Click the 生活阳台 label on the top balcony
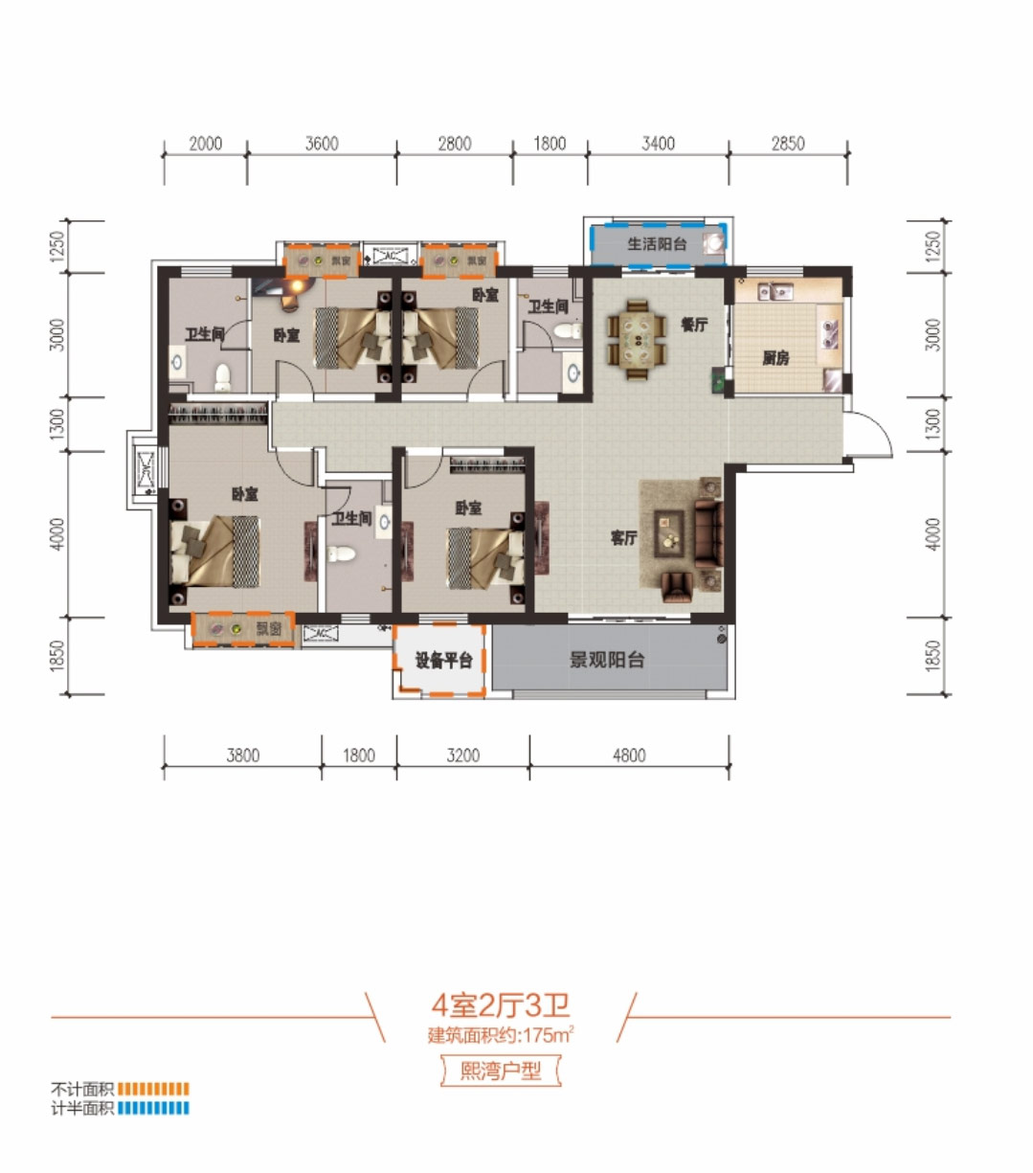click(657, 244)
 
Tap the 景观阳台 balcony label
click(607, 660)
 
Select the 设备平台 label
click(442, 661)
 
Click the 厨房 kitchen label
click(775, 358)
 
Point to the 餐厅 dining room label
click(694, 325)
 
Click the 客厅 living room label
click(623, 538)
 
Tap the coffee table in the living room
click(668, 532)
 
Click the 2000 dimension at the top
click(205, 144)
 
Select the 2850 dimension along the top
click(788, 144)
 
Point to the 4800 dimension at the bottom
click(629, 756)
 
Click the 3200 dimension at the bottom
click(462, 756)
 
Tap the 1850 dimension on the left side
click(58, 656)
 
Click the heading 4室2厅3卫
click(501, 1005)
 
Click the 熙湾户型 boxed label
click(501, 1071)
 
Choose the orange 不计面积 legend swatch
click(153, 1089)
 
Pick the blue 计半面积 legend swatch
click(153, 1108)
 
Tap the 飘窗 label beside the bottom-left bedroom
click(269, 629)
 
